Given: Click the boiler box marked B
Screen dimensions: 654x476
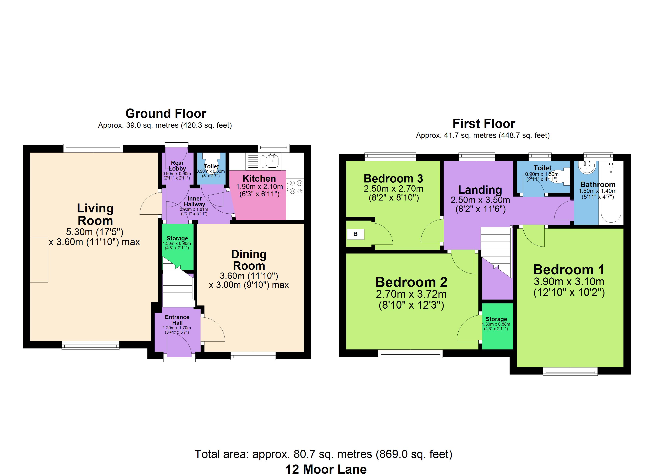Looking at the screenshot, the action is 355,234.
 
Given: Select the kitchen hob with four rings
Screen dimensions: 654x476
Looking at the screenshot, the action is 295,187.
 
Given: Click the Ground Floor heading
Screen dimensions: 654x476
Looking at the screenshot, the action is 166,113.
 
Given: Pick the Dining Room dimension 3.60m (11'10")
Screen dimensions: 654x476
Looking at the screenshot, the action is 249,276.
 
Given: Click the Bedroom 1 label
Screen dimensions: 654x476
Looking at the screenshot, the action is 569,270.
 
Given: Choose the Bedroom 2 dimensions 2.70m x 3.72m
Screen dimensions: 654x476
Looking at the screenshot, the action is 411,294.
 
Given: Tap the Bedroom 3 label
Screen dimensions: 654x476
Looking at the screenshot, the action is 393,178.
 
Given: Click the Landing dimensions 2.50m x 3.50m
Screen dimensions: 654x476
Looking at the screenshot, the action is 480,200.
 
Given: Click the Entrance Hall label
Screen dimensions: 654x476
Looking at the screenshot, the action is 177,320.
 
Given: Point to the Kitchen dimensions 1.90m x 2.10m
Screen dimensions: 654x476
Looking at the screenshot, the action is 260,186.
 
